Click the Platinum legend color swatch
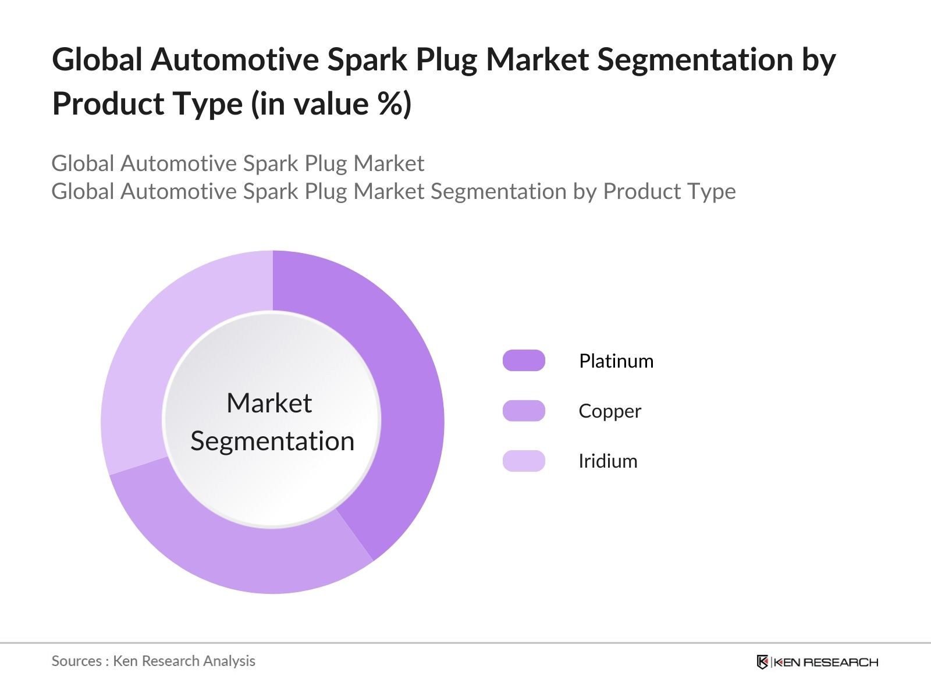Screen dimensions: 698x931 524,361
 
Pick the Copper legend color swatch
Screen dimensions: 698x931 524,411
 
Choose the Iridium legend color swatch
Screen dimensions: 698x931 524,461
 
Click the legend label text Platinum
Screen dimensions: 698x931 616,361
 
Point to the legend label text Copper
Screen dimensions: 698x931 609,411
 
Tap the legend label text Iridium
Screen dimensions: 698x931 607,461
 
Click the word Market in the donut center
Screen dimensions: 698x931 269,403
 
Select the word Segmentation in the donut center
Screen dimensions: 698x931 272,441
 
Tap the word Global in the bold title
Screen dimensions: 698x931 97,60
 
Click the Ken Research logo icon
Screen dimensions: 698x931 762,662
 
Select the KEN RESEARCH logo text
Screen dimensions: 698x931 825,662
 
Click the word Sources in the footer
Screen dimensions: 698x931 76,661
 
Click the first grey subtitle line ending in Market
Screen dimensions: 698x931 237,163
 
